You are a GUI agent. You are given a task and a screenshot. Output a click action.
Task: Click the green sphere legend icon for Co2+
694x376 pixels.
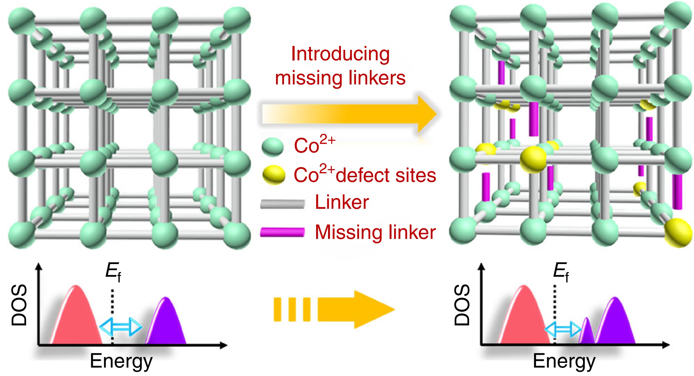273,147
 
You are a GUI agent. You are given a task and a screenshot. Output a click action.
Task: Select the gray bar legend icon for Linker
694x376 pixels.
282,204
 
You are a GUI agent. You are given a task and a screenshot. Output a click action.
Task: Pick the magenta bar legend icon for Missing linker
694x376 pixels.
282,232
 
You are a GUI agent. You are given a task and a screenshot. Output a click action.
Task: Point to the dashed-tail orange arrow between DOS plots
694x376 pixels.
334,309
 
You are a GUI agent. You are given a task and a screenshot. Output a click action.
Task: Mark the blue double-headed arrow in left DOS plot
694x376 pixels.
121,327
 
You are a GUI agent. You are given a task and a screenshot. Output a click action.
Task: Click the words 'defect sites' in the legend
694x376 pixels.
386,175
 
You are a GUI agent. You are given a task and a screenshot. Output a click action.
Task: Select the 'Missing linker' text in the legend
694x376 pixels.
375,232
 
